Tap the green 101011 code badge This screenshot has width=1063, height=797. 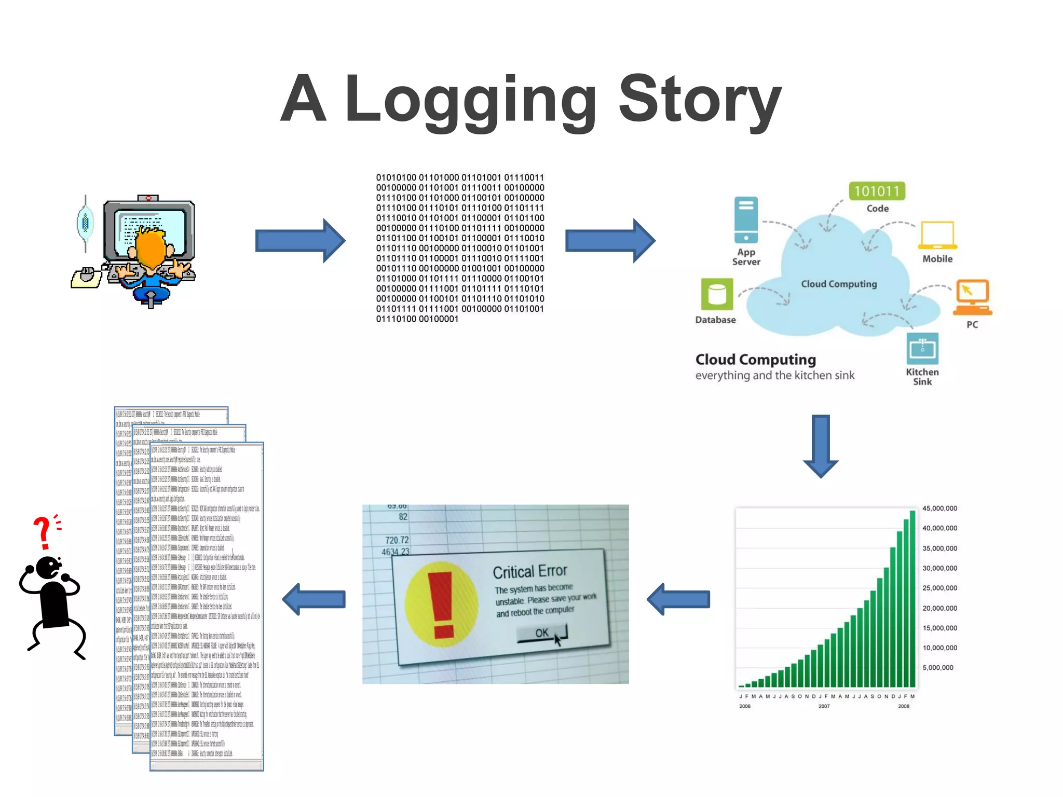click(877, 191)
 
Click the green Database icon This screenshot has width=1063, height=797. click(717, 294)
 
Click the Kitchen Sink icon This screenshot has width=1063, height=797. click(922, 348)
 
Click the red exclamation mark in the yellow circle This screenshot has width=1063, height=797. click(442, 604)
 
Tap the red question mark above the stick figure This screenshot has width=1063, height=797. click(42, 532)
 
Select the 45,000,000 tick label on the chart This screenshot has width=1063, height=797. click(939, 509)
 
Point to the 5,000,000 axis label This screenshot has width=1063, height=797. click(938, 668)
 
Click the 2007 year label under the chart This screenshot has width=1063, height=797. click(824, 706)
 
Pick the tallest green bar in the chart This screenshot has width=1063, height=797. click(912, 599)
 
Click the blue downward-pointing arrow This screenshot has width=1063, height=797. click(821, 446)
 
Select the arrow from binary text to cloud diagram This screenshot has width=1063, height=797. click(610, 241)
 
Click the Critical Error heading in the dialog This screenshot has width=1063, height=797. click(530, 571)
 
